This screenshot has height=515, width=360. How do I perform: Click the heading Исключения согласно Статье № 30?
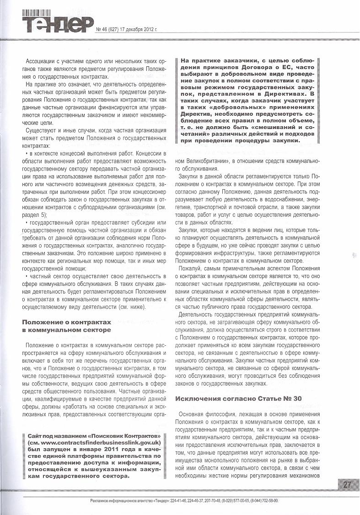point(238,398)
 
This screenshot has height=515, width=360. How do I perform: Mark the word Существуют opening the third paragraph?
point(42,131)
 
